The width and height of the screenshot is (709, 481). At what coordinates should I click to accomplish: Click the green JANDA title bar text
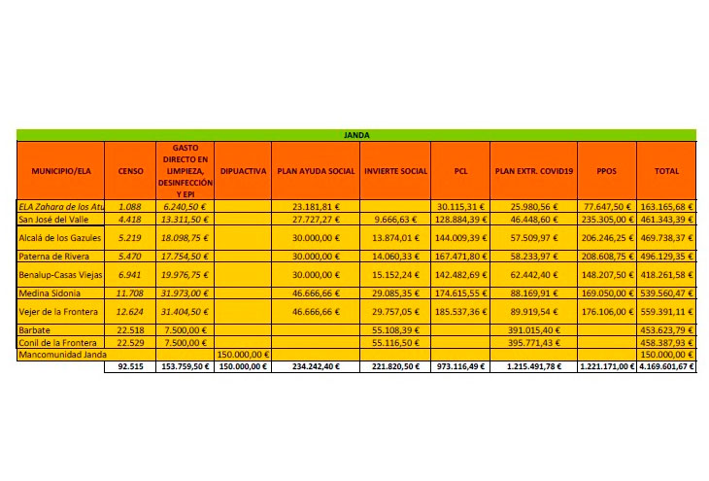click(356, 135)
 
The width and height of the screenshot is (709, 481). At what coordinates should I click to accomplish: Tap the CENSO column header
click(130, 171)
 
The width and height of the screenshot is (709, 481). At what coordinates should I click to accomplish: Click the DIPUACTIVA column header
click(244, 171)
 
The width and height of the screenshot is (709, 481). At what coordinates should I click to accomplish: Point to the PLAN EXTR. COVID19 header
click(534, 171)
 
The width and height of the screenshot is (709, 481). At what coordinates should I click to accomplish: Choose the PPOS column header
click(607, 171)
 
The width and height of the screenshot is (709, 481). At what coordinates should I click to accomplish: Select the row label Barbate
click(36, 329)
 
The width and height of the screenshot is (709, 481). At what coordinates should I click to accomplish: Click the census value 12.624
click(130, 311)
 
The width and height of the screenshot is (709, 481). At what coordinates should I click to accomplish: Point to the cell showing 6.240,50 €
click(183, 207)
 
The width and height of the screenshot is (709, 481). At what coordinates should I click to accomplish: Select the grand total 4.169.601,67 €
click(666, 367)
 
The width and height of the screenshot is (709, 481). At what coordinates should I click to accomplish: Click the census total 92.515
click(130, 367)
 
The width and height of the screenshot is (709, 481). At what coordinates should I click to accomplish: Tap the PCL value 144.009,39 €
click(460, 238)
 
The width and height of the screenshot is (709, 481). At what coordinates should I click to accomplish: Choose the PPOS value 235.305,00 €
click(607, 220)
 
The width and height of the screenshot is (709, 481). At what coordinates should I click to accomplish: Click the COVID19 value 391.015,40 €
click(534, 329)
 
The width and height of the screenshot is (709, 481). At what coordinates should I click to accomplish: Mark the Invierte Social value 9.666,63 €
click(395, 220)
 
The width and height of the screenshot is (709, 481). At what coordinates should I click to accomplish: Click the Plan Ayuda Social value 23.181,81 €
click(317, 207)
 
